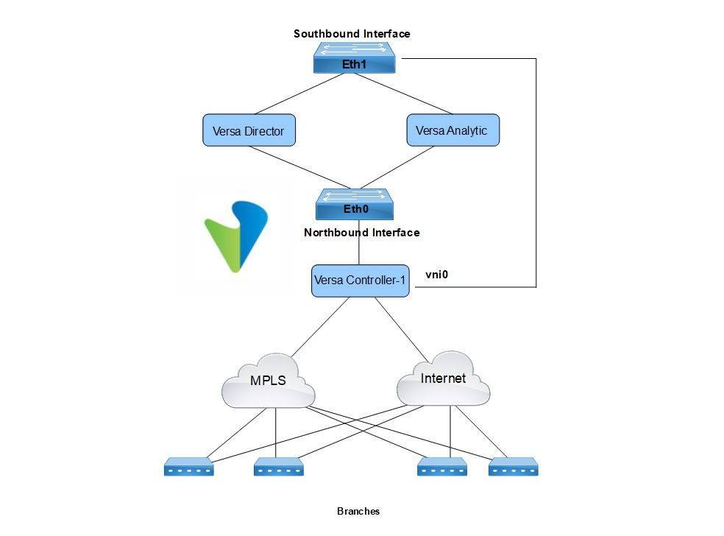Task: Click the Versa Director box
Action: (249, 130)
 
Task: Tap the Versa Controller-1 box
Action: (361, 281)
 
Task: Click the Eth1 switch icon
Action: (355, 57)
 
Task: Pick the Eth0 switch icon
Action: (355, 204)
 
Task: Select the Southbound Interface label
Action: (352, 34)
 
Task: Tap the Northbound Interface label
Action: (361, 233)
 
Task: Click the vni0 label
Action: (438, 274)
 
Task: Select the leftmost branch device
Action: (188, 466)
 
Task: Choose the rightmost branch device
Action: (514, 466)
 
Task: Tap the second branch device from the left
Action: (279, 466)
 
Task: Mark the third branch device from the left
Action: (441, 466)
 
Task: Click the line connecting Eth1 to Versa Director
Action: (294, 94)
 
